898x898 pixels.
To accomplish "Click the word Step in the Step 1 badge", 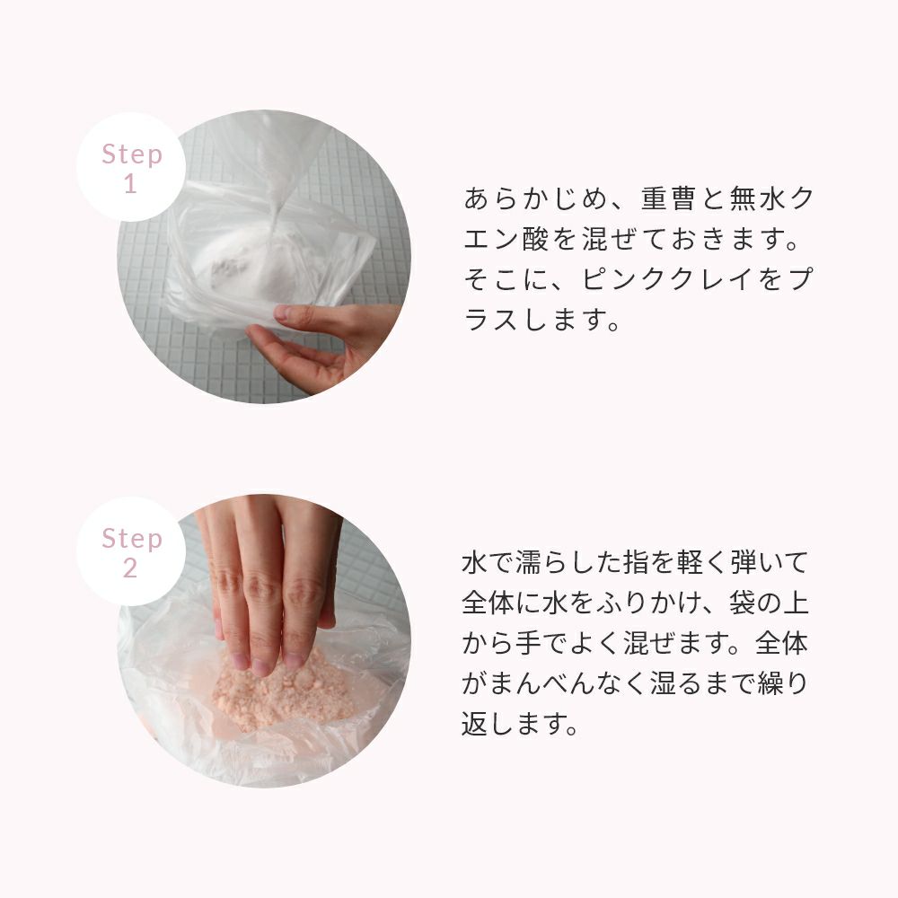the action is [132, 154].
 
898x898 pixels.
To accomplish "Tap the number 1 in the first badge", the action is [130, 184].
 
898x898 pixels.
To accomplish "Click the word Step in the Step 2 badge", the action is [132, 539].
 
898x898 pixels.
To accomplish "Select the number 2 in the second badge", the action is [130, 568].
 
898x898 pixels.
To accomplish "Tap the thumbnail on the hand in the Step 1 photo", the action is [282, 313].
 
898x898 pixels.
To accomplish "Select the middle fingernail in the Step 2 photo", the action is [261, 666].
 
